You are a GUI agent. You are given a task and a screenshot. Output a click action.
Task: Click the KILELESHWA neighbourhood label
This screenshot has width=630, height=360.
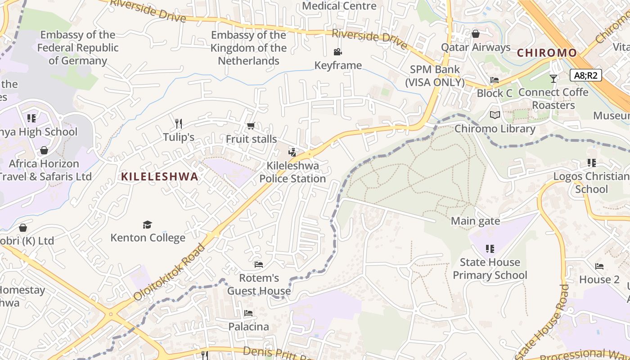[159, 176]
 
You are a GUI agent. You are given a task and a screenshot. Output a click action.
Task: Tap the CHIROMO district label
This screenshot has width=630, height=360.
[546, 53]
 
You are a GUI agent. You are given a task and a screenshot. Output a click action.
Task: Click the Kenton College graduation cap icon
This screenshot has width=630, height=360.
[147, 225]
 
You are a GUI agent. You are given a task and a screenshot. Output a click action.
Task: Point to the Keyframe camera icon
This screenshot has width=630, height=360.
[337, 52]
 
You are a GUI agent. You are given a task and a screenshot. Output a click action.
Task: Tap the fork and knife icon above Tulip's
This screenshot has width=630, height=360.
[179, 123]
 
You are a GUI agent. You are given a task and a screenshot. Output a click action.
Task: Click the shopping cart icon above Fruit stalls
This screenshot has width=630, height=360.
[251, 126]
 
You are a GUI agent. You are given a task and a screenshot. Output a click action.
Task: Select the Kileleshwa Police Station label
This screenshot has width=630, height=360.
[292, 172]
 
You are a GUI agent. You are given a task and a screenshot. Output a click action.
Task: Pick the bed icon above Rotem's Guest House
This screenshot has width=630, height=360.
[259, 264]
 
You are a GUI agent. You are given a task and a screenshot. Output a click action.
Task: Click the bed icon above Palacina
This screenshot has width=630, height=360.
[248, 313]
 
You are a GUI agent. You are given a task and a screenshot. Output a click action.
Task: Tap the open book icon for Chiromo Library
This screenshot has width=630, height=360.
[495, 115]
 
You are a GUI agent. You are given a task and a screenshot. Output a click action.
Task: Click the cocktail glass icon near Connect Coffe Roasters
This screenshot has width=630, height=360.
[553, 79]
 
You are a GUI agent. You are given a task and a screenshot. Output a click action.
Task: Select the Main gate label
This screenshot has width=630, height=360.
[475, 221]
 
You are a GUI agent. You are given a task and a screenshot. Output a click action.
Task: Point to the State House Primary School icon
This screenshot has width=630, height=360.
[490, 248]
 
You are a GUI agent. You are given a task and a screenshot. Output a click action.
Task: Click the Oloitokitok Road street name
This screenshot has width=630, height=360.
[169, 272]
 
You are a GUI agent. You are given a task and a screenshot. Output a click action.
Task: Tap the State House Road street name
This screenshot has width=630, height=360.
[544, 322]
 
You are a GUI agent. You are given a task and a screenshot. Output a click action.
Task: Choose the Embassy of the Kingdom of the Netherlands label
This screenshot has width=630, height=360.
[248, 48]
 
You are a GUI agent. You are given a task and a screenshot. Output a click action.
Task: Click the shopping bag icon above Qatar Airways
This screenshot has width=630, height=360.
[476, 34]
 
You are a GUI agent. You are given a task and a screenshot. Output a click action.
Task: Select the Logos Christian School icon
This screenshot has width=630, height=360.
[591, 163]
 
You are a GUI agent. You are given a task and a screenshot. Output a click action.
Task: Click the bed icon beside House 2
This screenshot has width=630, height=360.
[599, 266]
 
